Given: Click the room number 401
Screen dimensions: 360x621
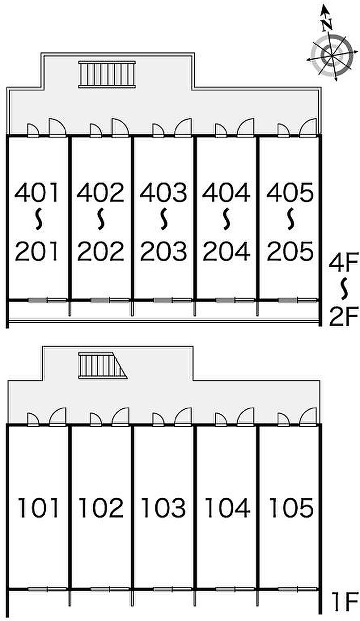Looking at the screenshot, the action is pyautogui.click(x=38, y=193).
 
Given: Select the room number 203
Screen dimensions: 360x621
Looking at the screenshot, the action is pyautogui.click(x=164, y=251).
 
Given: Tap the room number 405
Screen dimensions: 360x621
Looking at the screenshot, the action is pyautogui.click(x=290, y=193).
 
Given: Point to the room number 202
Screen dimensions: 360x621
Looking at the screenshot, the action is pyautogui.click(x=101, y=251).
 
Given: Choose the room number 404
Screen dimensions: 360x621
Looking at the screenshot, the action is pyautogui.click(x=227, y=193).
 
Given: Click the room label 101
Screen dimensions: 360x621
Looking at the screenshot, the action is pyautogui.click(x=38, y=508).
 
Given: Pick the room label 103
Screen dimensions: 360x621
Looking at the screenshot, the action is pyautogui.click(x=164, y=508).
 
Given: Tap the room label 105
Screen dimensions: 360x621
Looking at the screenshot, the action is pyautogui.click(x=290, y=508).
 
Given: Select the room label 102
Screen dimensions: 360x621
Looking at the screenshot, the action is pyautogui.click(x=101, y=508).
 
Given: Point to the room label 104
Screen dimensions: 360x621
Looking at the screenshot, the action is pyautogui.click(x=227, y=508).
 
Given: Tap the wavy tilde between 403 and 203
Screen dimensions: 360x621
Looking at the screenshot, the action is pyautogui.click(x=164, y=220).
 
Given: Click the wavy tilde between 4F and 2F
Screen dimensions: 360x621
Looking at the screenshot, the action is pyautogui.click(x=342, y=289).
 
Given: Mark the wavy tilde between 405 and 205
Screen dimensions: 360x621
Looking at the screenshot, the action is pyautogui.click(x=290, y=220).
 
